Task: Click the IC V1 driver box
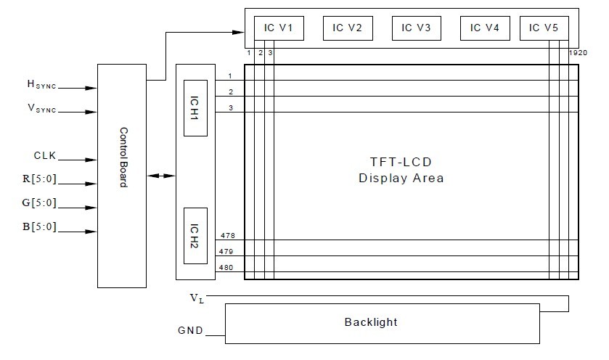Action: coord(279,28)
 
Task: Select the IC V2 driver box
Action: coord(347,28)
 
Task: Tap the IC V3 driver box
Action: coord(416,28)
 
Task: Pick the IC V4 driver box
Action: coord(485,28)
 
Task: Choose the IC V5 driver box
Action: coord(544,28)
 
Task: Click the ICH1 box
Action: coord(195,107)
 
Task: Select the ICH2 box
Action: coord(195,236)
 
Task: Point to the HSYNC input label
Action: coord(41,85)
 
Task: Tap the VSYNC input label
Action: coord(41,109)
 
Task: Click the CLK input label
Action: coord(44,156)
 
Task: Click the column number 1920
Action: coord(578,53)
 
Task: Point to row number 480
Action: coord(226,268)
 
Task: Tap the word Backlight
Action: coord(371,322)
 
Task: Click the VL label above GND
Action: coord(196,298)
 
